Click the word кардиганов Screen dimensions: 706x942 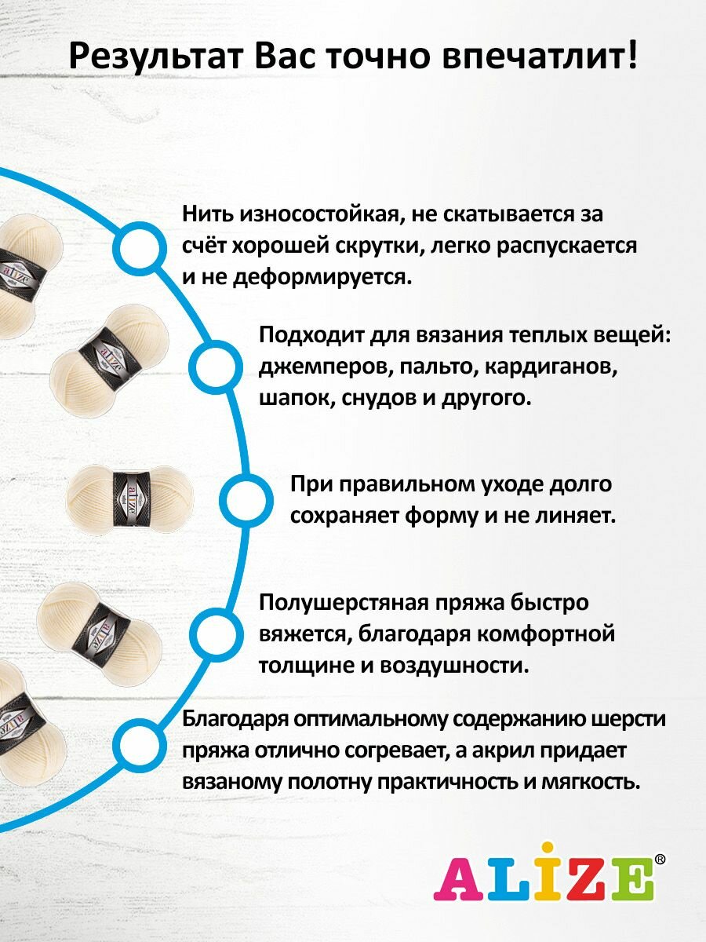coord(546,367)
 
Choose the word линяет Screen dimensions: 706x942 coord(575,516)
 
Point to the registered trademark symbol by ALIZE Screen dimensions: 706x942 coord(661,860)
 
